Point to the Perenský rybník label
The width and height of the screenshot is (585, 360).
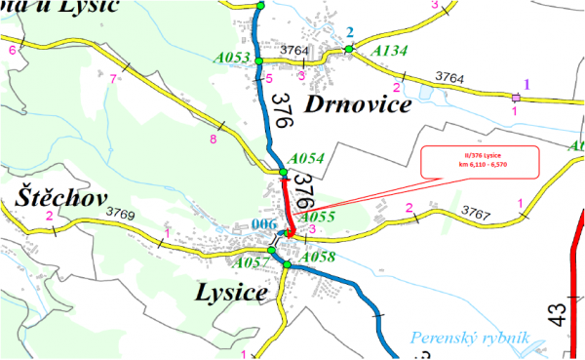(x=470, y=338)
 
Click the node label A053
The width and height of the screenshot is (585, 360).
(x=229, y=59)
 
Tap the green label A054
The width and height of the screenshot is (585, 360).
(x=308, y=158)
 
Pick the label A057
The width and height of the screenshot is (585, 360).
(x=250, y=261)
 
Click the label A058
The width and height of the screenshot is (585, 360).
(x=319, y=257)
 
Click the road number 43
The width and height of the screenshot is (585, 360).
(x=556, y=314)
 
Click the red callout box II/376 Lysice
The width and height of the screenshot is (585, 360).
(x=479, y=162)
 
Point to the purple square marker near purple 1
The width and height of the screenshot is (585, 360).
(x=515, y=97)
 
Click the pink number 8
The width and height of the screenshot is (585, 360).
(x=214, y=139)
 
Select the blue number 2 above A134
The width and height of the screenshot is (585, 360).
(x=349, y=32)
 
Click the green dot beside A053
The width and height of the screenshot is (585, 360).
(x=259, y=59)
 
